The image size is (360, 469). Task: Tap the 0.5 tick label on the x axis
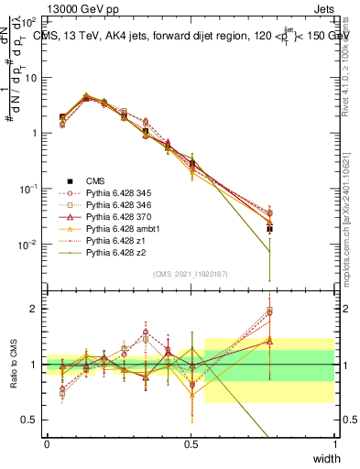tap(191, 444)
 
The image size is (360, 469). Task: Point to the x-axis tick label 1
tap(334, 444)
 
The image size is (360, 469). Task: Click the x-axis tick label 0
tap(47, 444)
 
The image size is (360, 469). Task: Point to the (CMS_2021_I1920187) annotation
tap(191, 274)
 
